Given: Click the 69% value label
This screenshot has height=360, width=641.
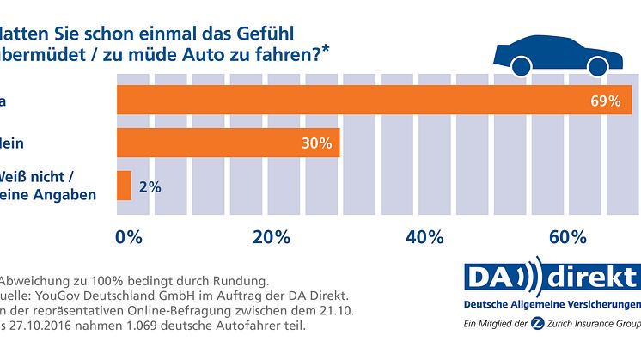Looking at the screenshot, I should coord(605,101).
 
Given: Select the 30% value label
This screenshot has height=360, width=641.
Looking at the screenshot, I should coord(315,143).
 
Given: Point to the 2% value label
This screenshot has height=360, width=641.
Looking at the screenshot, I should coord(149,186).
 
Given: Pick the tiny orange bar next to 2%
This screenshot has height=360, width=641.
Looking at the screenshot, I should coord(124,186).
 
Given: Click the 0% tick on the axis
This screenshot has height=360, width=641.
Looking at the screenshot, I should coord(129,236).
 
